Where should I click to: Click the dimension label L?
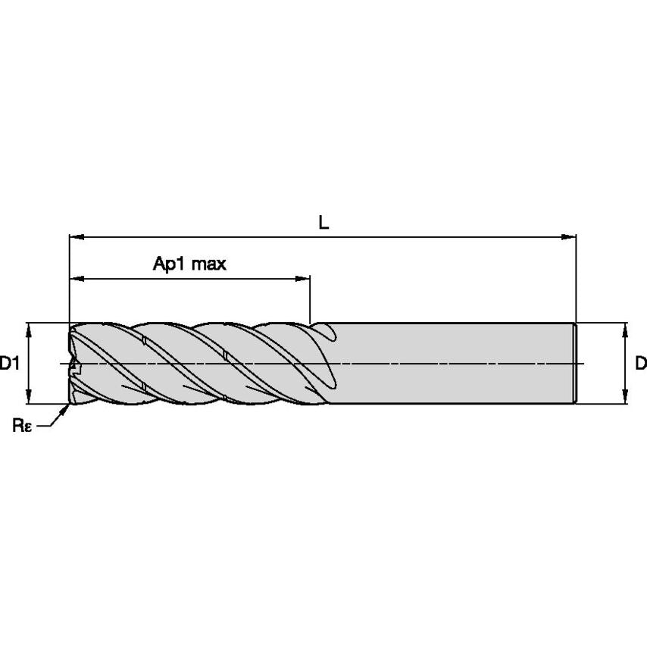pyautogui.click(x=323, y=222)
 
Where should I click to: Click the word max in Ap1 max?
pyautogui.click(x=208, y=264)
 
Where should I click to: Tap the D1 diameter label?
pyautogui.click(x=9, y=364)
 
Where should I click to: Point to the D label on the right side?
pyautogui.click(x=640, y=364)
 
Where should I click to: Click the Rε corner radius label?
pyautogui.click(x=21, y=425)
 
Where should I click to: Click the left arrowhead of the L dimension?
pyautogui.click(x=74, y=237)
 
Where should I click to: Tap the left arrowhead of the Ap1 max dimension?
pyautogui.click(x=74, y=279)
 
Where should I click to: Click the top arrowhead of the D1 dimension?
pyautogui.click(x=29, y=327)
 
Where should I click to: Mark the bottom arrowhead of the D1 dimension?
pyautogui.click(x=29, y=399)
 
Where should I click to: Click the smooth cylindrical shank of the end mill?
pyautogui.click(x=455, y=364)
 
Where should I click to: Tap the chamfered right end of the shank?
pyautogui.click(x=576, y=364)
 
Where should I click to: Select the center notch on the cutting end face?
pyautogui.click(x=73, y=367)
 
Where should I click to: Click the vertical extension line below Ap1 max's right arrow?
pyautogui.click(x=311, y=303)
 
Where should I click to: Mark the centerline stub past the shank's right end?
pyautogui.click(x=582, y=364)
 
